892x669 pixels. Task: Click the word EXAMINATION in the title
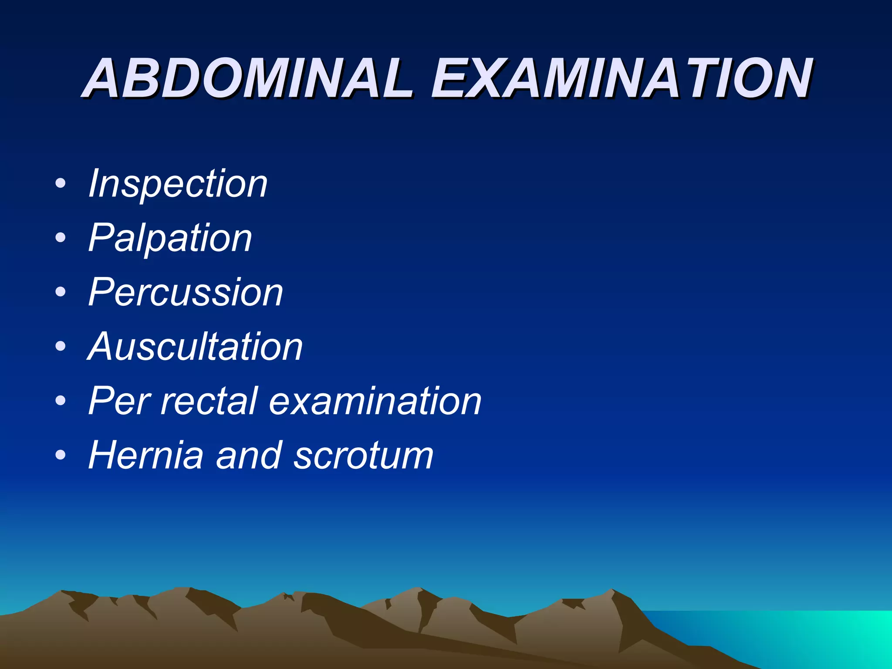[x=621, y=78]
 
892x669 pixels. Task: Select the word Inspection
[x=178, y=184]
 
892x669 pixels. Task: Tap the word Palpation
[x=170, y=238]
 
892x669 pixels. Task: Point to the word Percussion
[x=186, y=292]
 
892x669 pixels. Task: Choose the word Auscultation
[x=195, y=347]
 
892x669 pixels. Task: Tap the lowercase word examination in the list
[x=375, y=401]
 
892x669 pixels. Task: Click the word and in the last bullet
[x=248, y=456]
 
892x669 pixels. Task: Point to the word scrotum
[x=364, y=456]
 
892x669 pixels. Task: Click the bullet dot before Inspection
[x=61, y=183]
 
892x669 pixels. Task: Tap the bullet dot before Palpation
[x=61, y=238]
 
